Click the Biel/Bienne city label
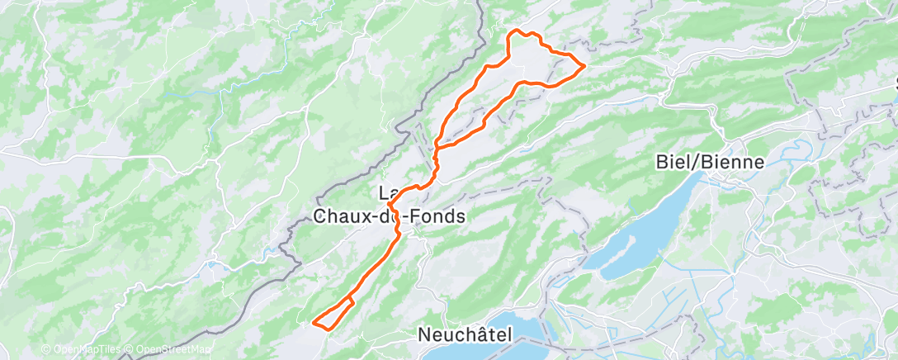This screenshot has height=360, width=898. [x=710, y=162]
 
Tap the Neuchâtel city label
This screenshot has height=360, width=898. [x=465, y=335]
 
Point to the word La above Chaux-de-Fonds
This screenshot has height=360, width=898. [x=387, y=193]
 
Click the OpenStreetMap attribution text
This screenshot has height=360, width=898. [x=168, y=350]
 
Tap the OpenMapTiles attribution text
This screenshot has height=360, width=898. [x=85, y=350]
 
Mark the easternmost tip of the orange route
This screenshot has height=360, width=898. [x=585, y=64]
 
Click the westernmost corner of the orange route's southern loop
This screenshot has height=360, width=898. [x=314, y=320]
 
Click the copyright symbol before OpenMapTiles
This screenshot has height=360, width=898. [x=46, y=350]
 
